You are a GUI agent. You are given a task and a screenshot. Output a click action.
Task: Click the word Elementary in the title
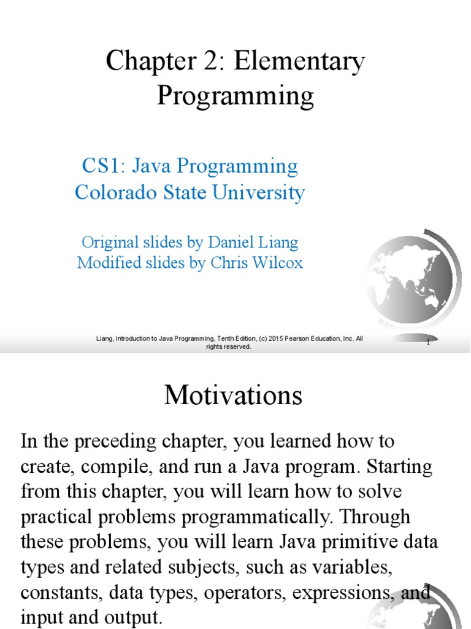tap(299, 62)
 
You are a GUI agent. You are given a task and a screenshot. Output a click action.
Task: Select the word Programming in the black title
tap(235, 96)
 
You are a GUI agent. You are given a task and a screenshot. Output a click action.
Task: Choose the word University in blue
tap(258, 192)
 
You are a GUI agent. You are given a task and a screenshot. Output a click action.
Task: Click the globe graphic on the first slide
tap(413, 281)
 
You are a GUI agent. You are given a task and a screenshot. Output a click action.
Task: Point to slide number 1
tap(428, 342)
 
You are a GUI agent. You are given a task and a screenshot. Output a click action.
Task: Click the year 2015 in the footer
tap(275, 338)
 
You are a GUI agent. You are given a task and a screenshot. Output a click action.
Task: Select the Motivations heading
tap(233, 395)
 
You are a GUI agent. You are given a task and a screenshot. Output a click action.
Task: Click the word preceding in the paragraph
tap(116, 442)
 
